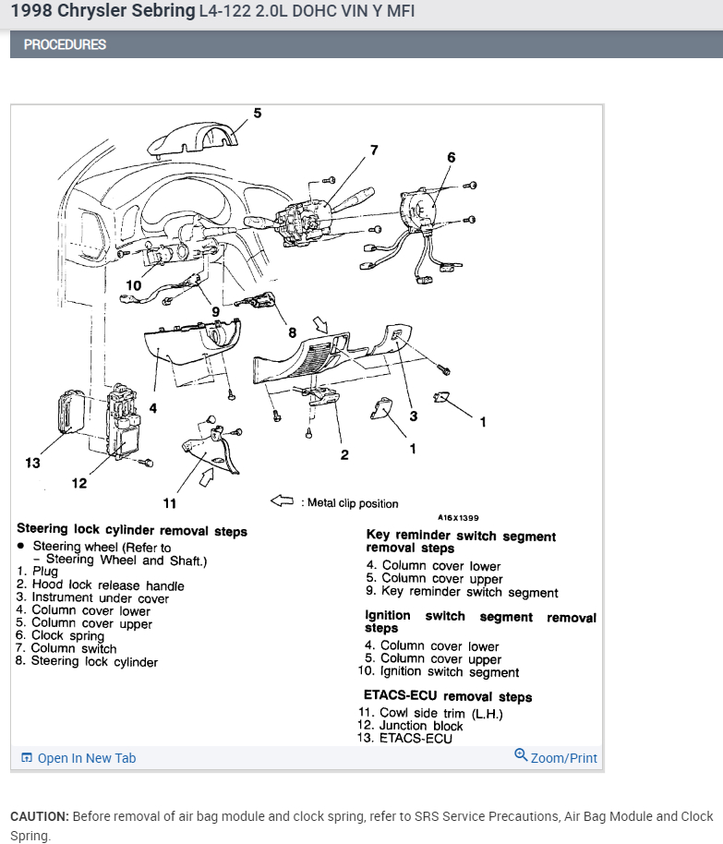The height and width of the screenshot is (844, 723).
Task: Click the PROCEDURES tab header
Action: pyautogui.click(x=65, y=44)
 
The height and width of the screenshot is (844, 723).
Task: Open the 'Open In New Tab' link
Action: pyautogui.click(x=86, y=758)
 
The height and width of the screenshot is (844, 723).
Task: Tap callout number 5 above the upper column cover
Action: pyautogui.click(x=257, y=114)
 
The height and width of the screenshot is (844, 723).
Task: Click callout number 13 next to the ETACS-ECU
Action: pyautogui.click(x=33, y=463)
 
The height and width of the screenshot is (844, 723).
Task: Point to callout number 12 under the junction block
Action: pyautogui.click(x=79, y=482)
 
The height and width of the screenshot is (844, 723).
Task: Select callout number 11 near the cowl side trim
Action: pyautogui.click(x=169, y=503)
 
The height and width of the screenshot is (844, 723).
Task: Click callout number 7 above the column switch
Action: pyautogui.click(x=374, y=150)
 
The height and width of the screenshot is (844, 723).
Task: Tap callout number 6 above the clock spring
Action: pyautogui.click(x=452, y=158)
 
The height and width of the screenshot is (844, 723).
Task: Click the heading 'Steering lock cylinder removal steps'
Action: pyautogui.click(x=132, y=531)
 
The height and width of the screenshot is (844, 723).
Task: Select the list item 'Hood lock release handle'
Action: pyautogui.click(x=108, y=585)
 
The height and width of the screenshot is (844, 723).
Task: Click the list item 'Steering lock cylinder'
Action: pyautogui.click(x=94, y=662)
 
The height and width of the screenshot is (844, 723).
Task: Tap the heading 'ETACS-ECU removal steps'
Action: pyautogui.click(x=448, y=697)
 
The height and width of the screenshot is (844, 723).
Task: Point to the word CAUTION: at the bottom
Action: pyautogui.click(x=40, y=816)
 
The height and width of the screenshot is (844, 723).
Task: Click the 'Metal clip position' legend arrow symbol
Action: pyautogui.click(x=282, y=501)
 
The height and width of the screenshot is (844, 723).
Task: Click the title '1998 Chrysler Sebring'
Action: pyautogui.click(x=103, y=12)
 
